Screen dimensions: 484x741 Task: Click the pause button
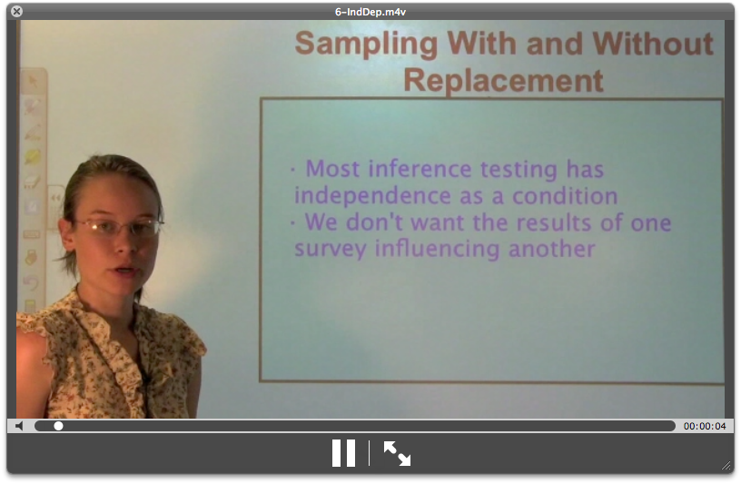click(x=343, y=452)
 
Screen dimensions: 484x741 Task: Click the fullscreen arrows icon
click(x=397, y=452)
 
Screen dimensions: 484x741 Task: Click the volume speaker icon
click(x=20, y=426)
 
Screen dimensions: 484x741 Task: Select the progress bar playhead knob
click(x=58, y=426)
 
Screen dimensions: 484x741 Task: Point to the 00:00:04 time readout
click(x=705, y=426)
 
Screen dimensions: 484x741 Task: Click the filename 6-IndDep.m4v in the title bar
click(x=371, y=10)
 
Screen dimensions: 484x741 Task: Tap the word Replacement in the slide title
click(x=503, y=80)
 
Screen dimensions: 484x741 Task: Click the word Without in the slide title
click(x=653, y=44)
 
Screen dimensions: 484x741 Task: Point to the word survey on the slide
click(x=327, y=248)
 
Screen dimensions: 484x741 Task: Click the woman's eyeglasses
click(x=118, y=226)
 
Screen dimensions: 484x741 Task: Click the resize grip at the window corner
click(x=726, y=466)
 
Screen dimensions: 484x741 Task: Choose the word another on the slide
click(x=558, y=248)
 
